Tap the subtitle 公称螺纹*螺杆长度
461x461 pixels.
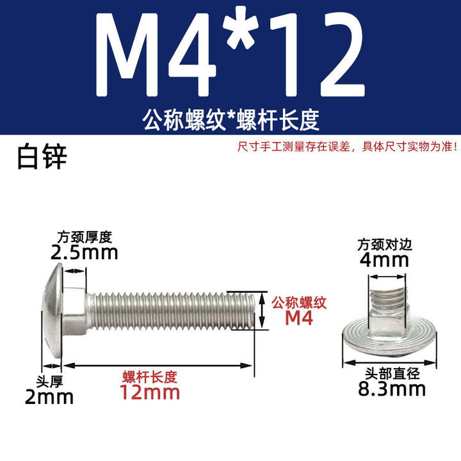(x=230, y=120)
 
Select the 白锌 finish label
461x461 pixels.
(x=42, y=156)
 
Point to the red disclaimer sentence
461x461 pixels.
(x=347, y=147)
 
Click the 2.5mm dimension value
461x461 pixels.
(x=85, y=253)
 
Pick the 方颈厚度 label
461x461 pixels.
(x=85, y=238)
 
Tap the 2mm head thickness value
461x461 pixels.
(x=49, y=397)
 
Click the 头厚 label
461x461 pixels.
(x=49, y=382)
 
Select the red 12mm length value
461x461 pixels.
(x=150, y=392)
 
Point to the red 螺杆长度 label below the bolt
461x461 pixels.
(x=150, y=377)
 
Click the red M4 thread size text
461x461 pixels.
(x=299, y=318)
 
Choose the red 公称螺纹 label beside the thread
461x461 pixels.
(x=299, y=303)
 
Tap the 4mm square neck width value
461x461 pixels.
(x=385, y=261)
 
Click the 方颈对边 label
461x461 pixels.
(x=385, y=245)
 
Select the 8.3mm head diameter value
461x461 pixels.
(x=392, y=389)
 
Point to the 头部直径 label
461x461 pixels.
(x=392, y=374)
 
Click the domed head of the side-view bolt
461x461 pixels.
(x=53, y=310)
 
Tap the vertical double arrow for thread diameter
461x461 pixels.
(x=263, y=311)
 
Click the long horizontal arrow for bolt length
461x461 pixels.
(x=158, y=366)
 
